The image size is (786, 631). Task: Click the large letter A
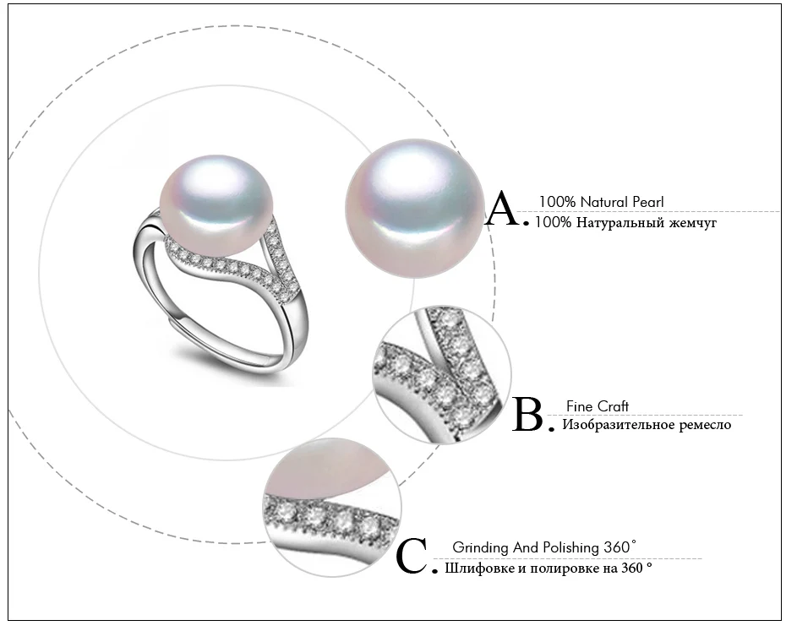503,208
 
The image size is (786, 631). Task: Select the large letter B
528,414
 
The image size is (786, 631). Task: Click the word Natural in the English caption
604,202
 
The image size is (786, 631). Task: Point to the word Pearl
648,202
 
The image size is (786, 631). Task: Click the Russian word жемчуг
693,222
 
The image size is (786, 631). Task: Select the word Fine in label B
576,406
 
